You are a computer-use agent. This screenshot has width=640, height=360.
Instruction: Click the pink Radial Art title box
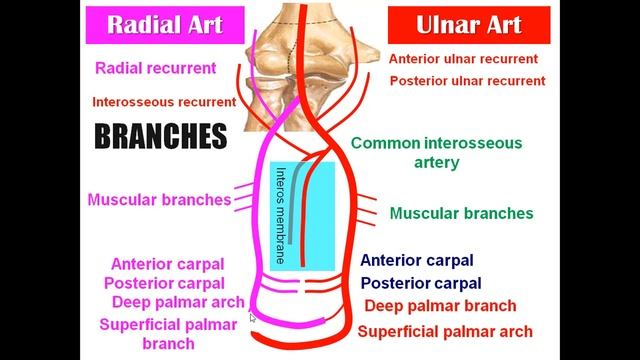[x=167, y=23]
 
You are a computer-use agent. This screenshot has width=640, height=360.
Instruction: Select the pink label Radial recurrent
[x=170, y=69]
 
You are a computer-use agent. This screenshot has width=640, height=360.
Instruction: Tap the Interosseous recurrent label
[x=164, y=102]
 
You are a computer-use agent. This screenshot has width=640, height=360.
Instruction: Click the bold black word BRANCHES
[x=161, y=136]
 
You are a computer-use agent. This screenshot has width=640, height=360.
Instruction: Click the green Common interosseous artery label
[x=437, y=152]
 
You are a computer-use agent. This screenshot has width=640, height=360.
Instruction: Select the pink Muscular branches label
[x=160, y=199]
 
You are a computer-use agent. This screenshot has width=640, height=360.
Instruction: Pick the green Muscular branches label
[x=461, y=213]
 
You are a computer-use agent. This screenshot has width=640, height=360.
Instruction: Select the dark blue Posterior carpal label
[x=421, y=283]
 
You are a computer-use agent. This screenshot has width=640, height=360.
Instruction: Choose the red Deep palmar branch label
[x=440, y=306]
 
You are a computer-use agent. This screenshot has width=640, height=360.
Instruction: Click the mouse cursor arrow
[x=252, y=317]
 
